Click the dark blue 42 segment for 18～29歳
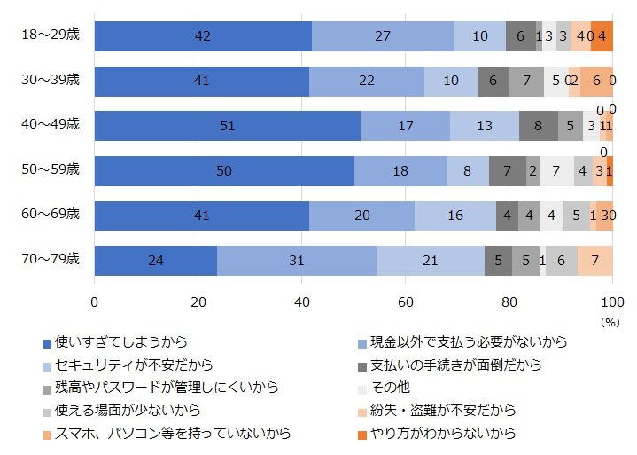point(203,35)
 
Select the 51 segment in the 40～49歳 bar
point(227,126)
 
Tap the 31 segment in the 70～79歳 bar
point(296,260)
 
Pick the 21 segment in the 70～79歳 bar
point(431,260)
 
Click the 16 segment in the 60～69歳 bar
point(455,216)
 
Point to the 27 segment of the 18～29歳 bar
point(383,35)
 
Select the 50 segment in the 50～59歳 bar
point(224,170)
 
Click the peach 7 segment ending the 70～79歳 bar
point(595,260)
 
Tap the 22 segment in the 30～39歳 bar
point(367,81)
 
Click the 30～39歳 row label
point(50,81)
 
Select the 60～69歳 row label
point(50,215)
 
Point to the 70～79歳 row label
point(50,260)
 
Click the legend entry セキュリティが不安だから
point(133,365)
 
